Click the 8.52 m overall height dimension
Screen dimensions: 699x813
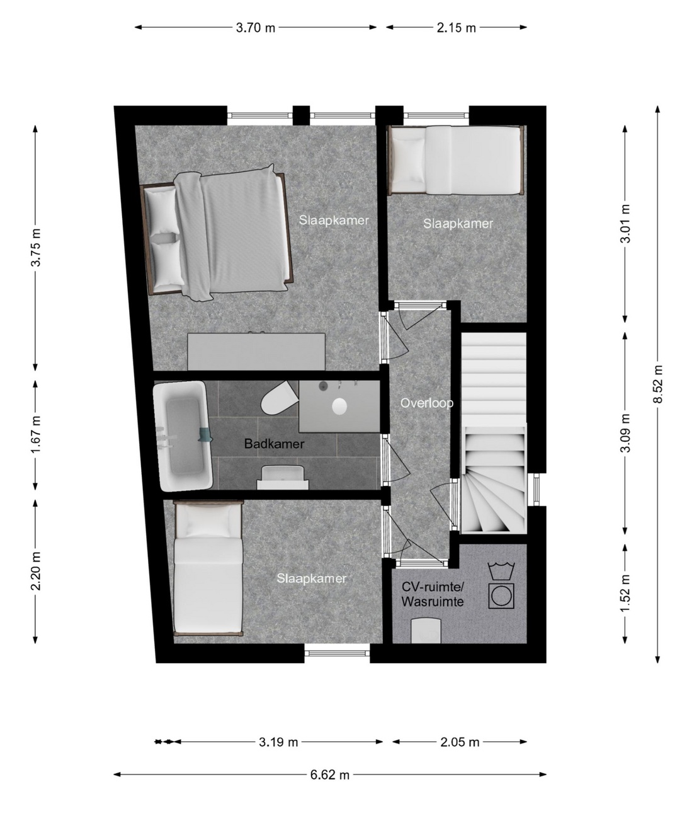(x=657, y=384)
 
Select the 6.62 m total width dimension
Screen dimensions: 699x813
(x=329, y=774)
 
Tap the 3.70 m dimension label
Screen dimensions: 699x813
(x=256, y=28)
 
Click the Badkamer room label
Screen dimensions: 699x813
(x=275, y=444)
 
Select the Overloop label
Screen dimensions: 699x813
(x=427, y=403)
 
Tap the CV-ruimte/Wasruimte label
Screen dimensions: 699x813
(x=433, y=594)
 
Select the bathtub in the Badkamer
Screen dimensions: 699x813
(x=183, y=435)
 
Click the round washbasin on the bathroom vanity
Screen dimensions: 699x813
(x=339, y=407)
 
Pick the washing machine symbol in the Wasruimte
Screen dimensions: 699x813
(x=501, y=596)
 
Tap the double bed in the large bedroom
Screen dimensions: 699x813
(x=217, y=233)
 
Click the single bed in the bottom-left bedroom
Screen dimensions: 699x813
(x=208, y=568)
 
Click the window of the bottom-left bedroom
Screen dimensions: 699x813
(x=337, y=654)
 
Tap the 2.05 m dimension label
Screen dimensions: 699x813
(x=460, y=742)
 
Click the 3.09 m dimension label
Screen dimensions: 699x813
(x=625, y=433)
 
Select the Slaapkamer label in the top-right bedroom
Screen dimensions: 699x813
(x=458, y=223)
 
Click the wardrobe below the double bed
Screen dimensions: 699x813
(x=256, y=351)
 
